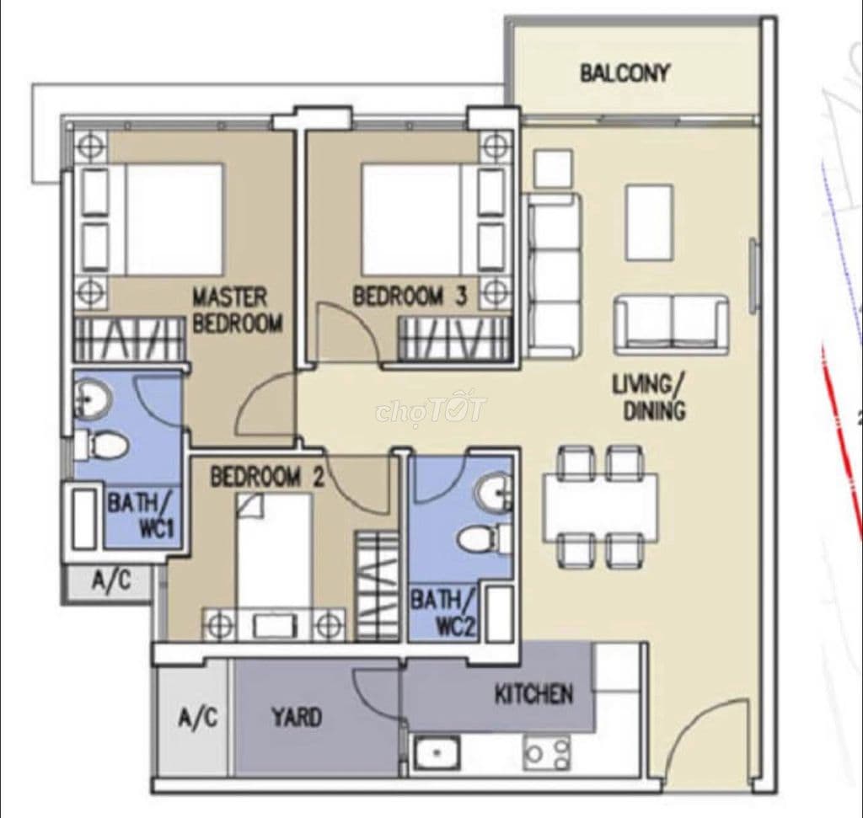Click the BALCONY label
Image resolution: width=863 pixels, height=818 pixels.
pyautogui.click(x=624, y=73)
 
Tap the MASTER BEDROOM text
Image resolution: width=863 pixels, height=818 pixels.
pyautogui.click(x=237, y=311)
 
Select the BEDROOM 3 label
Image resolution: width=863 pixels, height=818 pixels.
pyautogui.click(x=410, y=297)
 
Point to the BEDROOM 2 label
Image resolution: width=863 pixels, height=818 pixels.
pyautogui.click(x=267, y=477)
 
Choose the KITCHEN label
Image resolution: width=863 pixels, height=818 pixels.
pyautogui.click(x=533, y=695)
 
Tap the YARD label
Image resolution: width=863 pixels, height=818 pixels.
pyautogui.click(x=297, y=718)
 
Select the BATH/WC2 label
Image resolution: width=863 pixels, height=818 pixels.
pyautogui.click(x=442, y=612)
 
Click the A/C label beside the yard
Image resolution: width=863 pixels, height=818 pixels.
pyautogui.click(x=198, y=718)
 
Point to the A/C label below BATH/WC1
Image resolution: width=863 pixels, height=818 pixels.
pyautogui.click(x=112, y=580)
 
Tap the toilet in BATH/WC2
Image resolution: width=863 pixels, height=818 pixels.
pyautogui.click(x=485, y=538)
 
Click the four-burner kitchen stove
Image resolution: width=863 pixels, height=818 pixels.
pyautogui.click(x=546, y=752)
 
